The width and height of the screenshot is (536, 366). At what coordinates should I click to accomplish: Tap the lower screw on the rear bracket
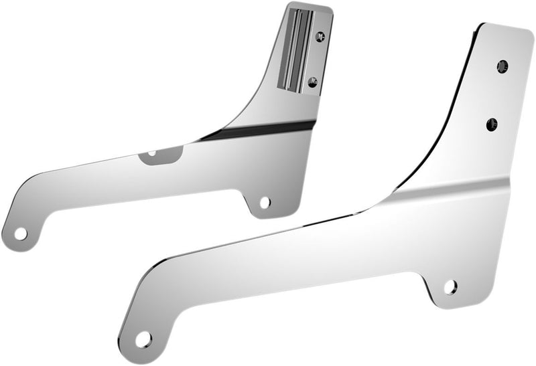[312, 82]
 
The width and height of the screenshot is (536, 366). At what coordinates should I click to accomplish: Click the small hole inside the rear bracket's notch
[152, 153]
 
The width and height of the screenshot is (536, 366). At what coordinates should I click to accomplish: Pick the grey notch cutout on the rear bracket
[161, 155]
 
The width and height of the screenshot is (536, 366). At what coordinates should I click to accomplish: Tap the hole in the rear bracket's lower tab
[265, 201]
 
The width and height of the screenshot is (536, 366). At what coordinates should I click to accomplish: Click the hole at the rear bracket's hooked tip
[21, 234]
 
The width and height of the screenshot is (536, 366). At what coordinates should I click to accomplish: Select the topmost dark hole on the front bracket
[502, 66]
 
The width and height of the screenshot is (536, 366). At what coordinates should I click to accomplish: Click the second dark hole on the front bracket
[492, 124]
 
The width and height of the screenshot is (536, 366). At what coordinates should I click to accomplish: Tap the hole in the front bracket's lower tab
[450, 287]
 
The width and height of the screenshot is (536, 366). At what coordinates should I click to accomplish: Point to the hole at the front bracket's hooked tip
[143, 339]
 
